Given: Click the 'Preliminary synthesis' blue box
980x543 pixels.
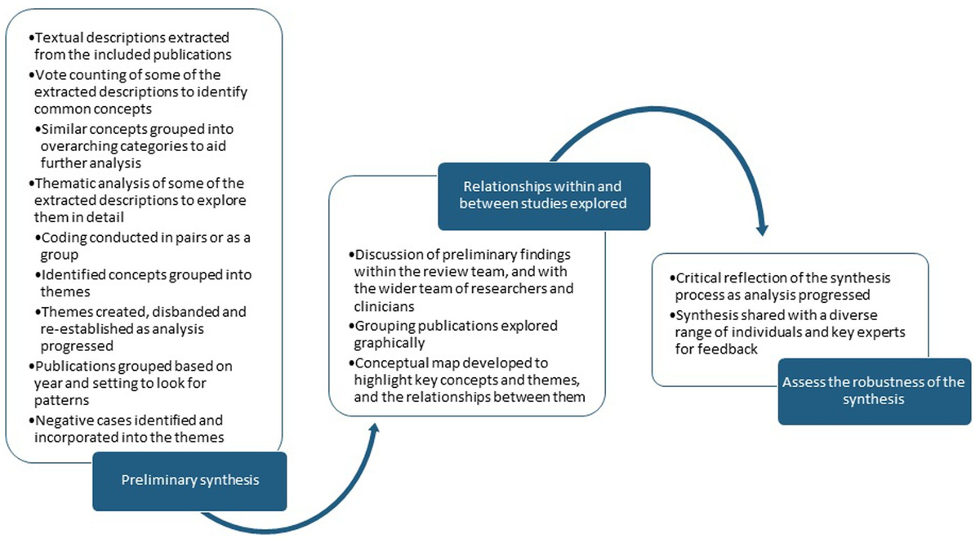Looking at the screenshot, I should (189, 480).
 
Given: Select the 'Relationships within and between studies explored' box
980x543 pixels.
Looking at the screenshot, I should (543, 196).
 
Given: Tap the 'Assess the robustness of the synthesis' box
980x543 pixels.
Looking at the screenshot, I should (875, 391).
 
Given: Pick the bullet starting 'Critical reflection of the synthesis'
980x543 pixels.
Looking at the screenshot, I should (784, 287).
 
